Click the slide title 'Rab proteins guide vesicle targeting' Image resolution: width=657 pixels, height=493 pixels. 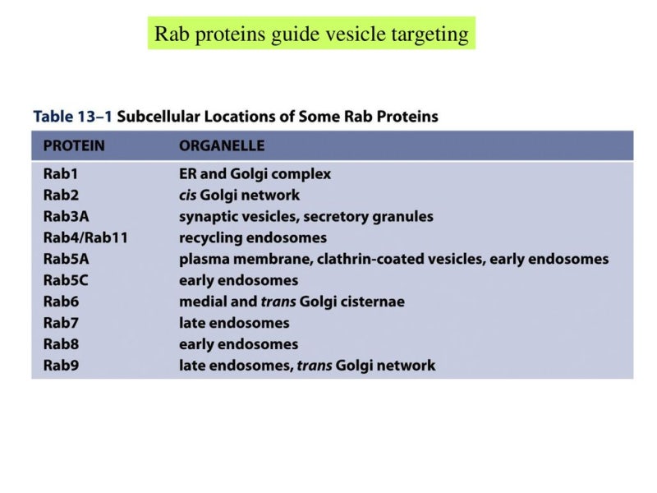[311, 34]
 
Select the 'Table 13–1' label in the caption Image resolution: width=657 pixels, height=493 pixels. [72, 116]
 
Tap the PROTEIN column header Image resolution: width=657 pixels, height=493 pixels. [74, 146]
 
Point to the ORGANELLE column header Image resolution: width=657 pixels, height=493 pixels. [222, 146]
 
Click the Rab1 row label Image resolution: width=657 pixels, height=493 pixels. [60, 174]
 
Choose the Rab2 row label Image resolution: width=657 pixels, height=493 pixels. [60, 196]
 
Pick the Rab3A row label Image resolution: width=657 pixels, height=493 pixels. [65, 217]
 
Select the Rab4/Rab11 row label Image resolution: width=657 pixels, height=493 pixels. [85, 238]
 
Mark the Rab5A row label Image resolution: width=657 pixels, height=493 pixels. [65, 260]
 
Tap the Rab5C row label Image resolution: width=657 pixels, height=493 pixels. [65, 280]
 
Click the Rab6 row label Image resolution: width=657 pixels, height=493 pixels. [61, 302]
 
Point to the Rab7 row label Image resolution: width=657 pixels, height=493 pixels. [61, 323]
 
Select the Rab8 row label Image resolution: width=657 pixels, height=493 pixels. [61, 344]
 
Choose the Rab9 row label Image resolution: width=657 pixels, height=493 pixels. [61, 366]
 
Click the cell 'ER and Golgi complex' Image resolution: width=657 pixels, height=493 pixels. [255, 174]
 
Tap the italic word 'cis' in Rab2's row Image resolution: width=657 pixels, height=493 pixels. [189, 196]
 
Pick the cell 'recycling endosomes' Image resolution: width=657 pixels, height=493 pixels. [253, 238]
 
